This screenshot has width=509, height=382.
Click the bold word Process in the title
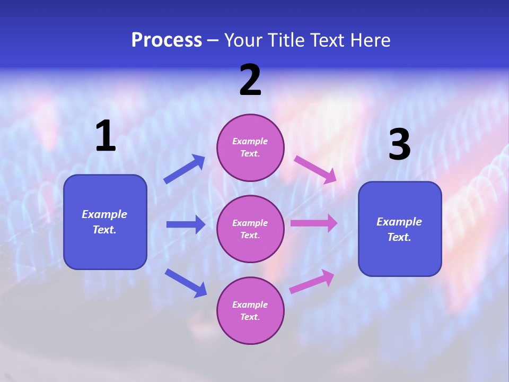[166, 40]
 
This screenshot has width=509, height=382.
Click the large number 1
[106, 136]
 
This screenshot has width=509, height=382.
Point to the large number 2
[250, 80]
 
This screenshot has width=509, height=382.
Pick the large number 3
[399, 144]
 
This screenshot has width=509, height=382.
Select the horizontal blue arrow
[186, 224]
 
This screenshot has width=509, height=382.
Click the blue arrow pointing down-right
[186, 283]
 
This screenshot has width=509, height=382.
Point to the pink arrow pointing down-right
[315, 169]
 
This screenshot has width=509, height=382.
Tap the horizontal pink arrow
[313, 223]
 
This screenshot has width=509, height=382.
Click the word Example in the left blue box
[104, 214]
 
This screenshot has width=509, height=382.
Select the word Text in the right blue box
[398, 237]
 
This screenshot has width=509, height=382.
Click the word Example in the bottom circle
[250, 305]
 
